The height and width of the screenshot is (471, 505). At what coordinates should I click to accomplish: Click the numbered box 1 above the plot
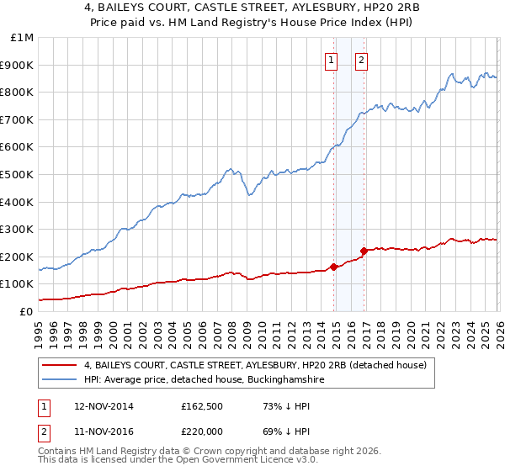331,60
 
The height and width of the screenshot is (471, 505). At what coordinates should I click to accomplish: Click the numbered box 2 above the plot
361,60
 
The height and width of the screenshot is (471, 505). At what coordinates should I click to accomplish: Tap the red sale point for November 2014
334,267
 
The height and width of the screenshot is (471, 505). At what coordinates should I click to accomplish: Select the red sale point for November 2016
364,251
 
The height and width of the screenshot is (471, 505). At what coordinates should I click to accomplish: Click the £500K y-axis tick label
19,174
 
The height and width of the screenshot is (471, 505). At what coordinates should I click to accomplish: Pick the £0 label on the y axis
27,311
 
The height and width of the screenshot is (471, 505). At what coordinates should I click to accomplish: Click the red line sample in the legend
60,365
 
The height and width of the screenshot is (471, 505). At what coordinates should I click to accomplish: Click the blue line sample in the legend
60,380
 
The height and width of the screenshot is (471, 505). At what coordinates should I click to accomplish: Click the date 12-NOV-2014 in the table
98,406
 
